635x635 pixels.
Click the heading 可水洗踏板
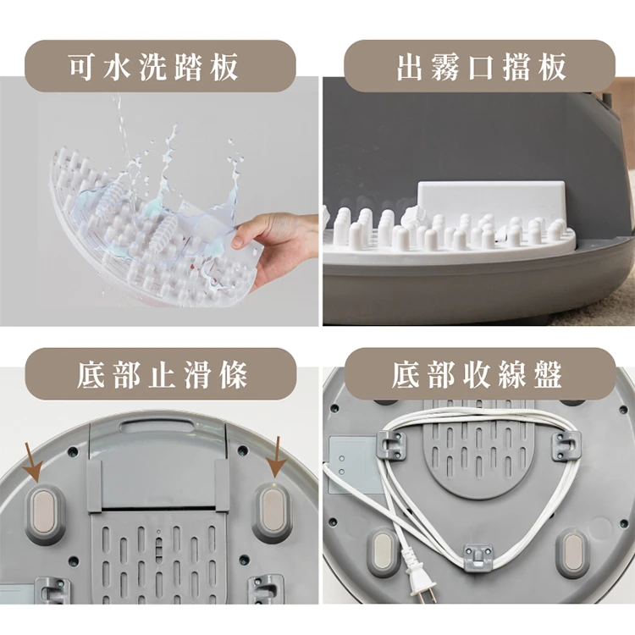153,66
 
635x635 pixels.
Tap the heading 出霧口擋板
481,66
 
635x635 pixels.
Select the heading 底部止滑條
162,374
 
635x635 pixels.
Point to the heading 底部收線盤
477,373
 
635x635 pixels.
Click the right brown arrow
278,457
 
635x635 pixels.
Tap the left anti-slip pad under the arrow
44,511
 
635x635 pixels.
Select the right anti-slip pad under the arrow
271,508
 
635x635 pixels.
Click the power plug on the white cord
419,577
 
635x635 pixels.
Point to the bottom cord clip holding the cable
478,557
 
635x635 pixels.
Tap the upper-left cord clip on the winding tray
392,445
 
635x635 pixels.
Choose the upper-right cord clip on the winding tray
566,446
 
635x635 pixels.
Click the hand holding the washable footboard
275,249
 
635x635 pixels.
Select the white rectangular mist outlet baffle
491,202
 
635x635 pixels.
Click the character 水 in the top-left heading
117,67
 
